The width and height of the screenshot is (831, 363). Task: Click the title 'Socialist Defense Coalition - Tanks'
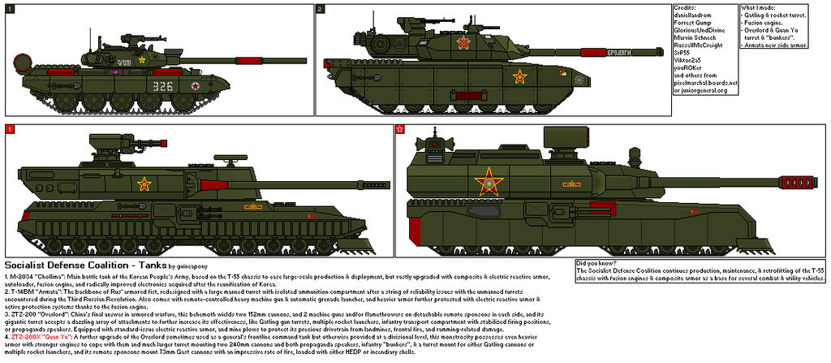(85, 266)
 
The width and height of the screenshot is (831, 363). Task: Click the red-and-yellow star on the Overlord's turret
(144, 184)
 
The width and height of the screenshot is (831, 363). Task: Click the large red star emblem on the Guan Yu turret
(490, 180)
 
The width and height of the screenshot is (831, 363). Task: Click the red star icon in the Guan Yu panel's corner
(399, 129)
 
